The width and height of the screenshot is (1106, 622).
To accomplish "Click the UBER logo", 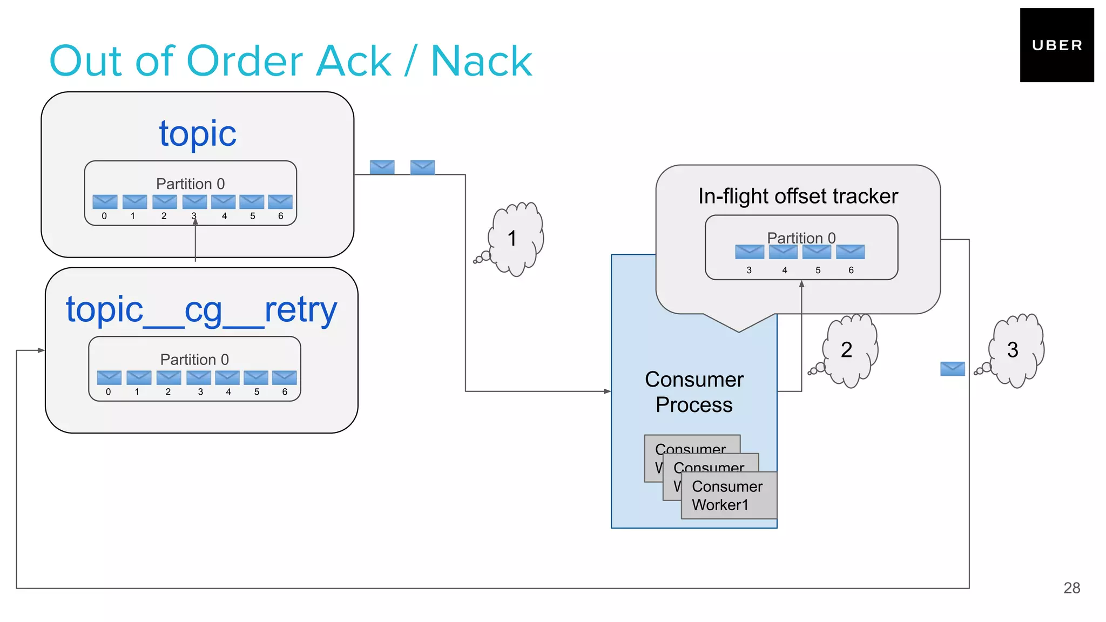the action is [x=1056, y=45].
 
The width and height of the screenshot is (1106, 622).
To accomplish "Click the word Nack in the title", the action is [x=481, y=62].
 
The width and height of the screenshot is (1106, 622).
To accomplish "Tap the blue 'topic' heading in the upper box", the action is [x=198, y=133].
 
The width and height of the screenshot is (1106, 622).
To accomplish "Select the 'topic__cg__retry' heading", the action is [x=201, y=310].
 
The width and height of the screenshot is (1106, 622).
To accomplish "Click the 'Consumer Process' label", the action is [x=694, y=392].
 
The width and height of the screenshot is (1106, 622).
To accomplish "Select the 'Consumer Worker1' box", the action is [x=729, y=496].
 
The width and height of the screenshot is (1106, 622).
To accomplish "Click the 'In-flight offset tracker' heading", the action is [x=798, y=196].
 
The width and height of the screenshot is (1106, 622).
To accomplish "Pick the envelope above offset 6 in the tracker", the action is [x=851, y=252].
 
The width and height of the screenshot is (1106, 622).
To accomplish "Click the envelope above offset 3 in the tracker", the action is [x=750, y=252].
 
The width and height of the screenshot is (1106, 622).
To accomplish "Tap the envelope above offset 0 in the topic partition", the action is [x=105, y=202].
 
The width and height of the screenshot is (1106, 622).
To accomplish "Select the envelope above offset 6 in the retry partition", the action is [x=284, y=377].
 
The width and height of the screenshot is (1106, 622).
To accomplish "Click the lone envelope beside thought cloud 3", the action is [x=952, y=369].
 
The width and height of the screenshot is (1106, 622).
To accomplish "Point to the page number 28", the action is [x=1071, y=588].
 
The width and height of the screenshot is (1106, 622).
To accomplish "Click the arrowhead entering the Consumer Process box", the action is [x=608, y=391].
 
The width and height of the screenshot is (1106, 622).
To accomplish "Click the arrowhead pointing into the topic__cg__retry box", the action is [x=41, y=350].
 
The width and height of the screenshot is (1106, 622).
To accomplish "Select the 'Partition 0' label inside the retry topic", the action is [x=194, y=360].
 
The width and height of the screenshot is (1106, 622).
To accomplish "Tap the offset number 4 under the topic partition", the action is [x=225, y=216].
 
